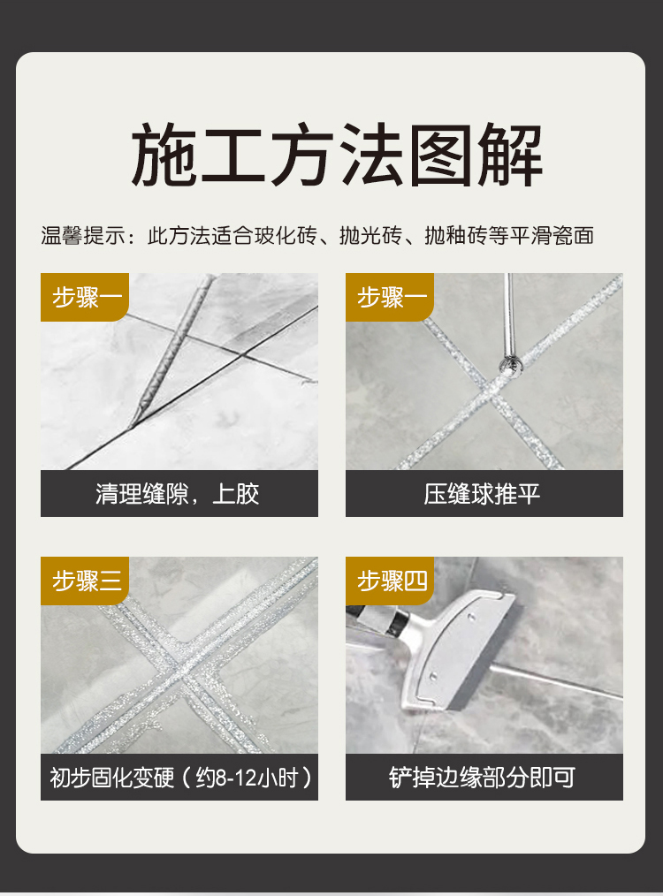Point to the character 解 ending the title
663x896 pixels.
click(x=510, y=155)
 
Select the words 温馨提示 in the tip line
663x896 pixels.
click(x=83, y=235)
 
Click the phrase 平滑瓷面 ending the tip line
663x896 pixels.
click(x=552, y=235)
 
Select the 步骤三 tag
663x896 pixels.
click(x=85, y=581)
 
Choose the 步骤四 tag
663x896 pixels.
click(x=390, y=581)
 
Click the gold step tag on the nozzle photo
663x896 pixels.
click(x=85, y=297)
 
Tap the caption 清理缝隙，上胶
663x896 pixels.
click(x=178, y=494)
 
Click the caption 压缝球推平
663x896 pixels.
click(x=483, y=494)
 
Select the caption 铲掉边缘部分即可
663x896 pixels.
click(x=483, y=778)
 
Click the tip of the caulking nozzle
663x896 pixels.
click(x=133, y=424)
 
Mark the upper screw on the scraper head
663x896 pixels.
click(x=471, y=617)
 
